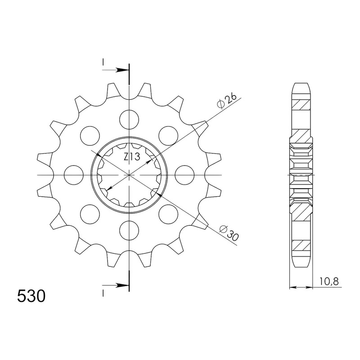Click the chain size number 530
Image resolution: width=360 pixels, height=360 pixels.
click(x=31, y=297)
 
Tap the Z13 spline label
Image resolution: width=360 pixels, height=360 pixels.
click(x=132, y=157)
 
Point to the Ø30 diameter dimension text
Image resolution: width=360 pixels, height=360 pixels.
click(x=229, y=233)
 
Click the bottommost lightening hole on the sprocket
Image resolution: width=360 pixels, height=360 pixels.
click(x=130, y=230)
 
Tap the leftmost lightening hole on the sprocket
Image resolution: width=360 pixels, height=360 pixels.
click(x=74, y=175)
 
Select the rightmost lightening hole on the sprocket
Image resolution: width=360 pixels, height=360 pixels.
click(x=185, y=175)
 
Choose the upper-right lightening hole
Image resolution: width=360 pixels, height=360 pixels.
click(x=168, y=136)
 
